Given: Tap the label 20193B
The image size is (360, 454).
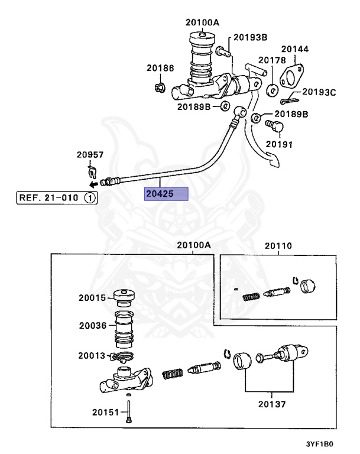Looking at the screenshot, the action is (250, 37).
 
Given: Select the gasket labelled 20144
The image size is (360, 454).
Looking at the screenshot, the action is (291, 76).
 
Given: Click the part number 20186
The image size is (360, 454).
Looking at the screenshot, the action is (160, 68).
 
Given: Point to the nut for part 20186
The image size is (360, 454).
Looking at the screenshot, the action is (160, 87).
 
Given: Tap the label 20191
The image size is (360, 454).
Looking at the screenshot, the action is (279, 144).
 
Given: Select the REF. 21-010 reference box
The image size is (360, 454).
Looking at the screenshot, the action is (57, 198).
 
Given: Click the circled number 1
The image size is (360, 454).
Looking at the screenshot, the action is (90, 198).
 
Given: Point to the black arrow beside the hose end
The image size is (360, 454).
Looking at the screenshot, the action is (93, 184).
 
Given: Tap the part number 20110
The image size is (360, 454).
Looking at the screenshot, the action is (278, 246).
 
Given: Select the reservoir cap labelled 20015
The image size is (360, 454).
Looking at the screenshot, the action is (124, 298).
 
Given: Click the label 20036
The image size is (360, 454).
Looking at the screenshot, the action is (93, 326).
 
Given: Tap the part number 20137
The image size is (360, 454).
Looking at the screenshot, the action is (272, 404).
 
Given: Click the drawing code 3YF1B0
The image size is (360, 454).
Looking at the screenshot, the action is (320, 444).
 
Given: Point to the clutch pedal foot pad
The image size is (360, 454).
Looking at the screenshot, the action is (274, 161).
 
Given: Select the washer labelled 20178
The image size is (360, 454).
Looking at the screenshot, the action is (273, 90).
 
